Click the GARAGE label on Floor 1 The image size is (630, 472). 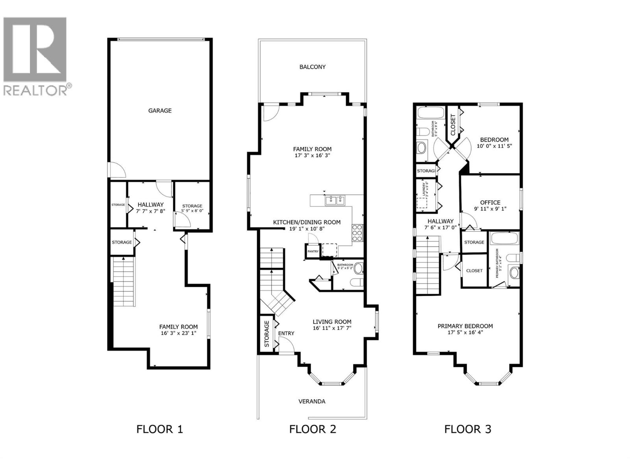coord(159,111)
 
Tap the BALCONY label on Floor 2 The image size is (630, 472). coord(312,67)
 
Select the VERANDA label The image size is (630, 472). coord(312,401)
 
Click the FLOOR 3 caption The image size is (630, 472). coord(467,429)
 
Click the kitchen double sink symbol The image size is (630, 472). coord(335,201)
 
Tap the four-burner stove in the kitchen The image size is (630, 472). coord(357,232)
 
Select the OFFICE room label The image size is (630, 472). coord(490,202)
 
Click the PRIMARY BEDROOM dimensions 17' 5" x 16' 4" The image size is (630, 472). coord(465,332)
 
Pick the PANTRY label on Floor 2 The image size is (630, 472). coord(313,251)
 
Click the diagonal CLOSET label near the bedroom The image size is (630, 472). coord(452,125)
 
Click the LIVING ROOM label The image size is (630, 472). coord(332,321)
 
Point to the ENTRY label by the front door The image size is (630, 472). coord(286,333)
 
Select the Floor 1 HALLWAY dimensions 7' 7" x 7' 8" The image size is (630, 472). coord(150,211)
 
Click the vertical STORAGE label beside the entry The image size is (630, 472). coord(267,334)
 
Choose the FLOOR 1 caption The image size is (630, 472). coord(159,429)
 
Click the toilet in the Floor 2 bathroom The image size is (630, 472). coord(357,283)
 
